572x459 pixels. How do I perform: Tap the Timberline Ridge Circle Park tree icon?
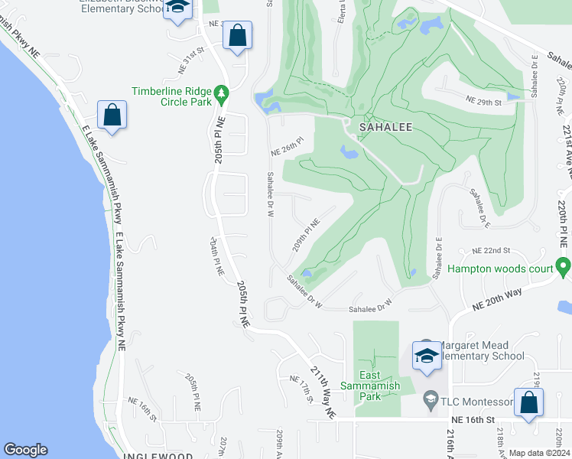[223, 94]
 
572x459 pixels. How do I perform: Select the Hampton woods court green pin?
[564, 269]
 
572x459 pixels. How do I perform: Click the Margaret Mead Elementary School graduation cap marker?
[427, 353]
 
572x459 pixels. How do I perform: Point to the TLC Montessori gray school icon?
[431, 402]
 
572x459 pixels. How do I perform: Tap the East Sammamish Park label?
[370, 386]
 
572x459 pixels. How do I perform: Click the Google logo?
[25, 450]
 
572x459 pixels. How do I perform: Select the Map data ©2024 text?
[540, 453]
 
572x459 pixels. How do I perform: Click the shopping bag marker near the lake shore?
[112, 116]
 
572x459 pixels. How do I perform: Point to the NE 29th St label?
[483, 102]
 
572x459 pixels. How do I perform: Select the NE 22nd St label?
[491, 251]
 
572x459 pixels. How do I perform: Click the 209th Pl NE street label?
[304, 237]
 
